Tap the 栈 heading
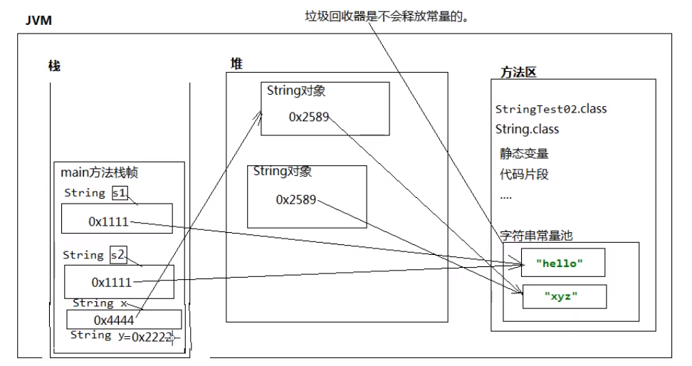click(54, 66)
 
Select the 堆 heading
click(236, 63)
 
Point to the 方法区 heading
click(518, 72)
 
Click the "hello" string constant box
click(562, 263)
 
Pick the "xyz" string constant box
click(564, 296)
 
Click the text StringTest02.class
click(551, 110)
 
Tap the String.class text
click(527, 130)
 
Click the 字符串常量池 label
click(536, 235)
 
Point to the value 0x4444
click(114, 320)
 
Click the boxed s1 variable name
click(119, 193)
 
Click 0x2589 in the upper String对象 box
click(309, 117)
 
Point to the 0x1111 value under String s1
click(108, 221)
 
